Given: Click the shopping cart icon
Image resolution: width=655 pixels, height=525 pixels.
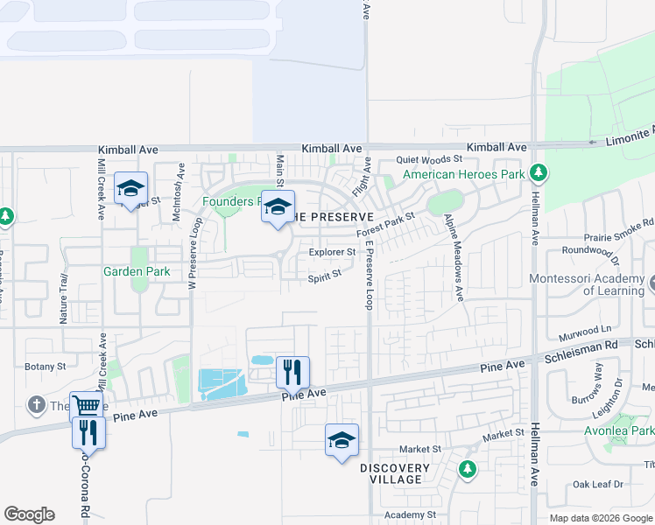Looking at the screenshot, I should [86, 407].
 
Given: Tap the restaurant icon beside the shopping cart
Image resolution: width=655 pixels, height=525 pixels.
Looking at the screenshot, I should [88, 432].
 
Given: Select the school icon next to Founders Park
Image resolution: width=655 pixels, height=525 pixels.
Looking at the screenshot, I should [278, 208].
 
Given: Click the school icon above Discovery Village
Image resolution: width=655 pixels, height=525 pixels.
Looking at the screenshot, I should [342, 439].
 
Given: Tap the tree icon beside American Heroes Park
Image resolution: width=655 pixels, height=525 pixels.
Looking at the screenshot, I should [540, 173].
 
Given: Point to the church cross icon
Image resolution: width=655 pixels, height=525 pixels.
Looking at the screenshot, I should [35, 405].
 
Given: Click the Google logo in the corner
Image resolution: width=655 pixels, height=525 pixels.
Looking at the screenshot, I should [29, 514].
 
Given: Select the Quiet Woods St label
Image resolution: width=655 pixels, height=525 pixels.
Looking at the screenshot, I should [428, 159].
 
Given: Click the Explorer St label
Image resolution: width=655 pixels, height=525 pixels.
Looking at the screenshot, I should [332, 253].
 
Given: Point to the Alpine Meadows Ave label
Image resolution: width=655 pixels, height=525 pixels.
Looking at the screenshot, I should [454, 258].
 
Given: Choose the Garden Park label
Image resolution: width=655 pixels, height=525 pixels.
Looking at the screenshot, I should [136, 272].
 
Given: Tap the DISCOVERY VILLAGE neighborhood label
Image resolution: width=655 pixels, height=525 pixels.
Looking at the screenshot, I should [395, 475].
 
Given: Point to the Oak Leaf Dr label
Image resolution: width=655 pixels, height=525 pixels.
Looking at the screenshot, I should [596, 484].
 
